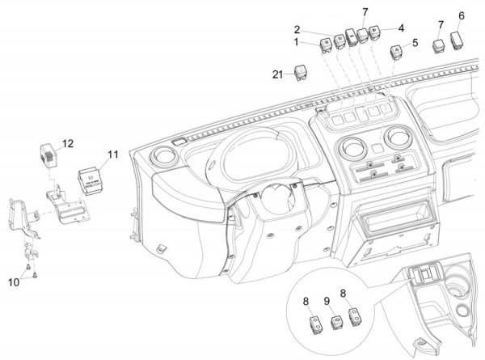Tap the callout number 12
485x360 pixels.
[x=68, y=143]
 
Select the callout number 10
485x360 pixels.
[x=12, y=282]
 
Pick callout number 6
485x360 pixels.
[x=462, y=15]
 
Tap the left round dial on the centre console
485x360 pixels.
[x=352, y=148]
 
